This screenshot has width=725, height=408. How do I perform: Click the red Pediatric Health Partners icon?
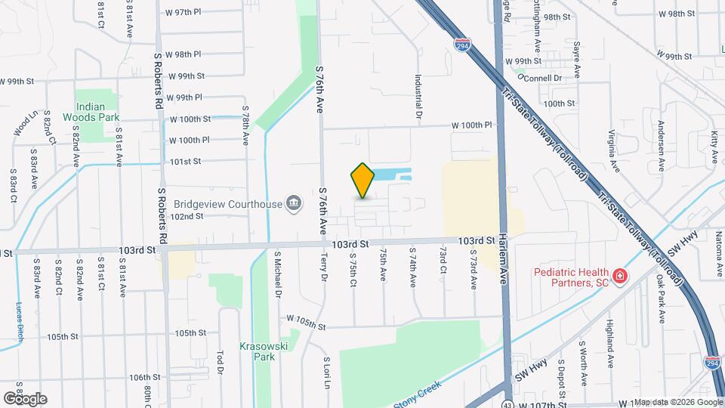coord(619,277)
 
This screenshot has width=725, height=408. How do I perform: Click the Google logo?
coord(25,398)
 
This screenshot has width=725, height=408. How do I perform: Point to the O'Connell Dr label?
coord(541,78)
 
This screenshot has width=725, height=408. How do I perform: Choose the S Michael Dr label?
coord(278,274)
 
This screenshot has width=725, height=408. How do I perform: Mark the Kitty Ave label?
coord(714,145)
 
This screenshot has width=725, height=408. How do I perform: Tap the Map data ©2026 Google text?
coord(677,402)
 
